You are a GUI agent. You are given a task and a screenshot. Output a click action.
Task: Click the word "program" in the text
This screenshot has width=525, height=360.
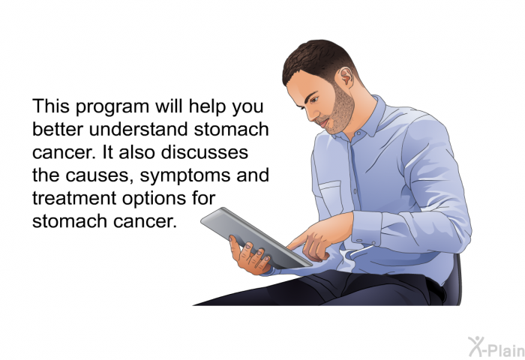pos(112,106)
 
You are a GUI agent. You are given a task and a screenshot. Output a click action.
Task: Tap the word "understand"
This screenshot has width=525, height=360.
pos(138,129)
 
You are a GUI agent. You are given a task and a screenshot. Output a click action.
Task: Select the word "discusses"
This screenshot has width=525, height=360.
pos(204,152)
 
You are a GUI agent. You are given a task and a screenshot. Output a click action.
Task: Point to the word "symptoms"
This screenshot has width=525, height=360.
pos(185,176)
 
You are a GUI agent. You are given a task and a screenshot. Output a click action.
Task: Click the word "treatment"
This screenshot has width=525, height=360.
pos(74,198)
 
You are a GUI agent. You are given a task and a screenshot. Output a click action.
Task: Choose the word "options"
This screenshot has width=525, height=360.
pos(154,199)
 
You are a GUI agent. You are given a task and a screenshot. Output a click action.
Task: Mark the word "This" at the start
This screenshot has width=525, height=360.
pos(51,106)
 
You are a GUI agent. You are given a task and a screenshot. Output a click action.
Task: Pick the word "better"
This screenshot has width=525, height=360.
pos(58,129)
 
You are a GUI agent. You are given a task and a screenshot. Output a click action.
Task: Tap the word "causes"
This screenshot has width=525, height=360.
pos(97,176)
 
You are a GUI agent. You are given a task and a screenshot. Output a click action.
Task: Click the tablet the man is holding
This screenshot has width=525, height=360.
pos(256,238)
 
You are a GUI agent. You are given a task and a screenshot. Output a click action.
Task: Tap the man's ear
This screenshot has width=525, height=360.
pos(346,77)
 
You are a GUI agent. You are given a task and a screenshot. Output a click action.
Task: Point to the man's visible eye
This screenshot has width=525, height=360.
pos(313,100)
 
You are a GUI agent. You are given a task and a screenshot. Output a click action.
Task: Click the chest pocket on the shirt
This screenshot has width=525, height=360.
pos(331,198)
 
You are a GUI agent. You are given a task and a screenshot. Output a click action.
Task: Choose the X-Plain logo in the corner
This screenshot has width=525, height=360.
pos(496,347)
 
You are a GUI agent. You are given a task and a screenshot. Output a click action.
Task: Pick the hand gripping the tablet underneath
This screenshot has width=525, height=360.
pos(250,256)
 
